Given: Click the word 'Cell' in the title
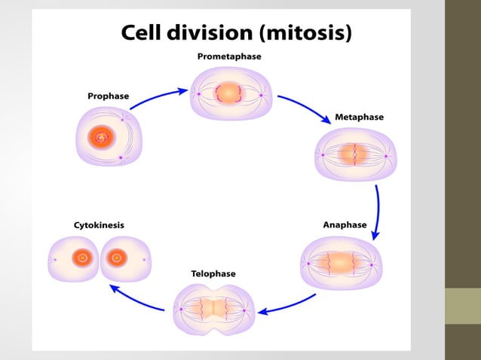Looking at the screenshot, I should (x=146, y=33).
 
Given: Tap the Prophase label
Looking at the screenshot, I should (x=108, y=96).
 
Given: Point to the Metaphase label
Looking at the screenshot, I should (x=359, y=117).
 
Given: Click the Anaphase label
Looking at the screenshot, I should (x=345, y=224).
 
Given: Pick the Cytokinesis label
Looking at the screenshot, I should (x=99, y=224).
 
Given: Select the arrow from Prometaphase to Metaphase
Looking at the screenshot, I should (x=304, y=107).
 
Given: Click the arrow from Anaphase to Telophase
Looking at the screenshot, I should (x=286, y=305).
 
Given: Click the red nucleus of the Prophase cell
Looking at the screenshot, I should (x=100, y=138).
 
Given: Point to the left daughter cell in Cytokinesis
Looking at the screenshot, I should (x=74, y=259).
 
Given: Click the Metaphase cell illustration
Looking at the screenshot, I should (x=354, y=155).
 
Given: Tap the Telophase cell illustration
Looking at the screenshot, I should (x=214, y=309).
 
